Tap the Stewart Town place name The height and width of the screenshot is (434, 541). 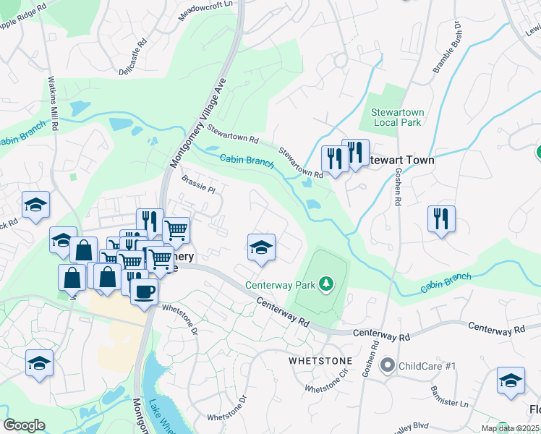pos(401,160)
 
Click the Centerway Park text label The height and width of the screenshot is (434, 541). pos(281,284)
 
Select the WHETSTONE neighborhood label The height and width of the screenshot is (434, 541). pos(320,360)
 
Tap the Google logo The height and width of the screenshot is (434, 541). pos(24,425)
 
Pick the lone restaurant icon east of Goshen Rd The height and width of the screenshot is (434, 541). pos(441,218)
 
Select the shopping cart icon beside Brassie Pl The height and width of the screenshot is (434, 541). pos(176,230)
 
